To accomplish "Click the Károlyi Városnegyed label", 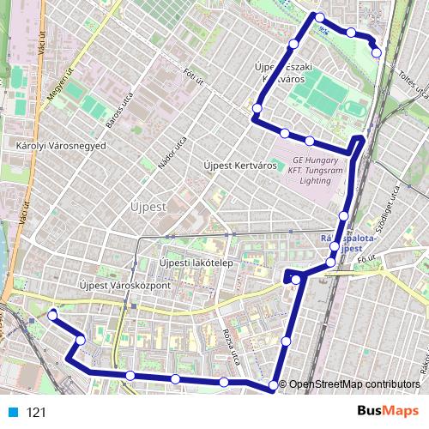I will (55, 146).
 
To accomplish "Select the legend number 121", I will (36, 413).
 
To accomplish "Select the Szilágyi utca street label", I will (396, 205).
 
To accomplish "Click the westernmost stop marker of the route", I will (52, 315).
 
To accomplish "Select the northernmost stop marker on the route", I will (320, 17).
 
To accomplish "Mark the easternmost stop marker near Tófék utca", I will (377, 53).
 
